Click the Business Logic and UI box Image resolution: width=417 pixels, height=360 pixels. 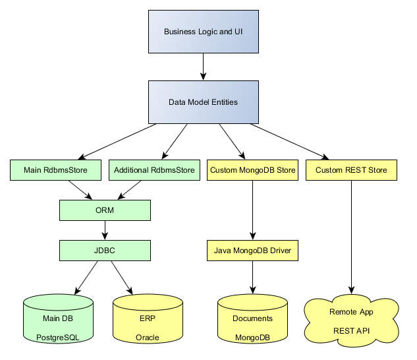point(203,32)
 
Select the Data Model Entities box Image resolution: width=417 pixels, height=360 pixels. point(203,102)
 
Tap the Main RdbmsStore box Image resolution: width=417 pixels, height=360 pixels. point(56,170)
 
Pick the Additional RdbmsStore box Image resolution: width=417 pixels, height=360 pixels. point(154,170)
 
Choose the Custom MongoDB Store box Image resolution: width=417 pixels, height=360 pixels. point(253,170)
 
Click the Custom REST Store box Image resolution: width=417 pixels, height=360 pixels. point(351,170)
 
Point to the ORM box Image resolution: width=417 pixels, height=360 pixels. point(105,210)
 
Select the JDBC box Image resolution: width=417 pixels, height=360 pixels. point(105,250)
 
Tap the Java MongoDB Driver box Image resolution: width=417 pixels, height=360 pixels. point(253,250)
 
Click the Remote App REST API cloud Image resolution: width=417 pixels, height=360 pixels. point(351,320)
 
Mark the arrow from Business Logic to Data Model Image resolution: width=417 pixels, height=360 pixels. point(203,66)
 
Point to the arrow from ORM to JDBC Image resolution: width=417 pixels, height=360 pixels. point(105,229)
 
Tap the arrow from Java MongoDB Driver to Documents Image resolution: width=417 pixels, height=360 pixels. point(253,277)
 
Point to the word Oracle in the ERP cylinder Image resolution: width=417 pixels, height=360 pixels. point(147,337)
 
